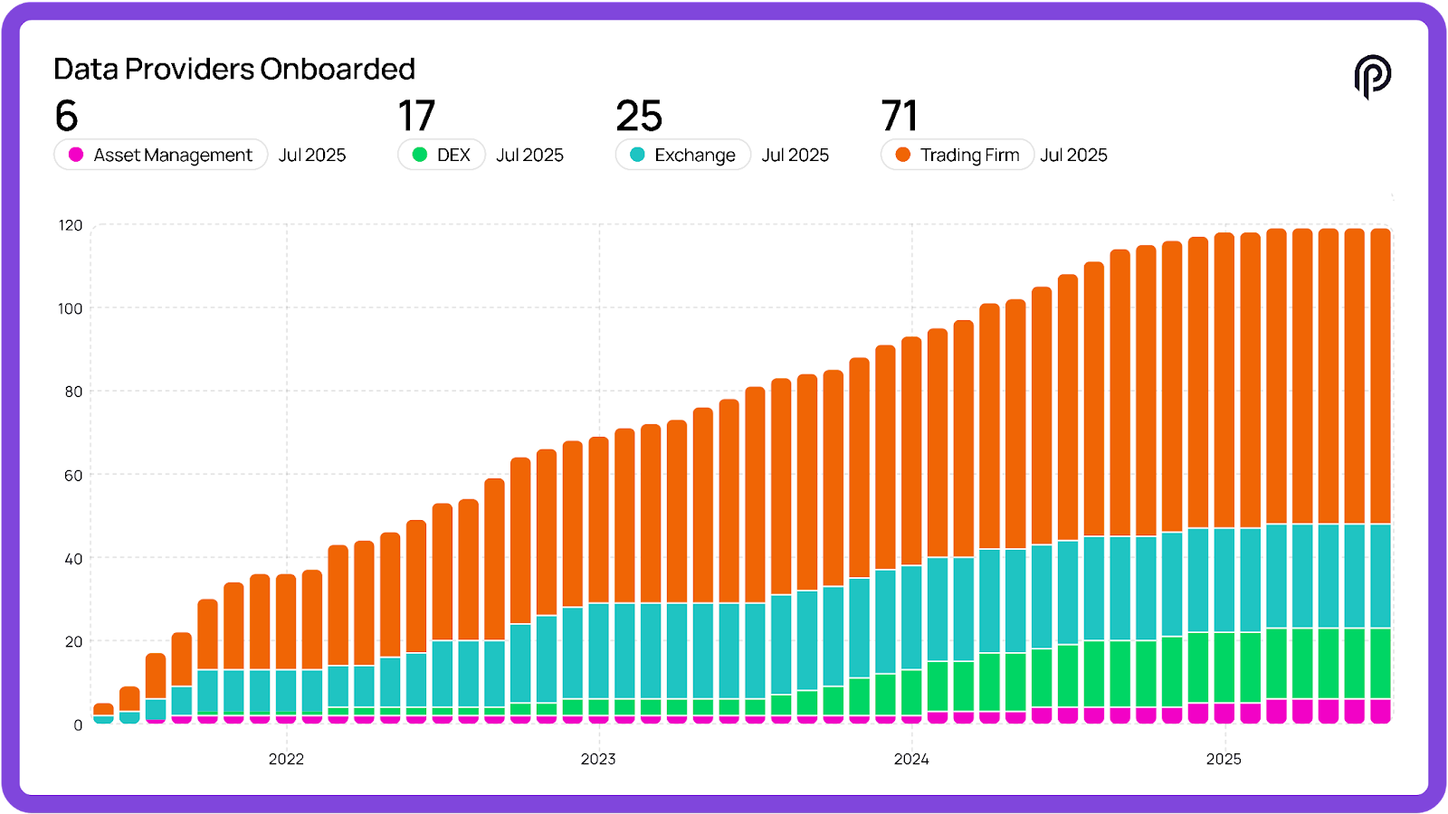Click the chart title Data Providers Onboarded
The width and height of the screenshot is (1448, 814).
click(x=234, y=70)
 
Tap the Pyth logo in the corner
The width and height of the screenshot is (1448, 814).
click(x=1372, y=76)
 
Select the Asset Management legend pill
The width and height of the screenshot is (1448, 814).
click(x=161, y=155)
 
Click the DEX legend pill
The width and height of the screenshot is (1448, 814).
click(x=442, y=155)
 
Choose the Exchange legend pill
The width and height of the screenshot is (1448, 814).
click(x=683, y=155)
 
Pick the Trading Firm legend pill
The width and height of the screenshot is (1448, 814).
click(x=957, y=155)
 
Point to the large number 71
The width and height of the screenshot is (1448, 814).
click(x=900, y=116)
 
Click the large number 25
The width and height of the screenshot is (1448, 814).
click(x=639, y=116)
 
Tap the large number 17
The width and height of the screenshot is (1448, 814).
click(x=416, y=116)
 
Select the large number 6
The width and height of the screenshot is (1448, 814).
click(x=66, y=116)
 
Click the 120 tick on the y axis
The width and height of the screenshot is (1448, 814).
click(x=71, y=225)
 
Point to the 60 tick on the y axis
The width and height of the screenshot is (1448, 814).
click(x=73, y=475)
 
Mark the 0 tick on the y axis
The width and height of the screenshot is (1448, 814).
click(x=78, y=724)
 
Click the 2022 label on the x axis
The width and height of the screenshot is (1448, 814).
click(x=286, y=759)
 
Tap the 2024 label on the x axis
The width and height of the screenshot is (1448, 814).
click(x=911, y=759)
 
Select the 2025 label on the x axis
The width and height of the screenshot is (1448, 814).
click(x=1224, y=759)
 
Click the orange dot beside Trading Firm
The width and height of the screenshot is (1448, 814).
click(x=902, y=155)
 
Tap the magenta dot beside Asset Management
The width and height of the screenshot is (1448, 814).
click(x=76, y=155)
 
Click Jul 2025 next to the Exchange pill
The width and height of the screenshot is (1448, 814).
click(x=795, y=155)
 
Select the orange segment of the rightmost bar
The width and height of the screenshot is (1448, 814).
click(x=1381, y=375)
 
